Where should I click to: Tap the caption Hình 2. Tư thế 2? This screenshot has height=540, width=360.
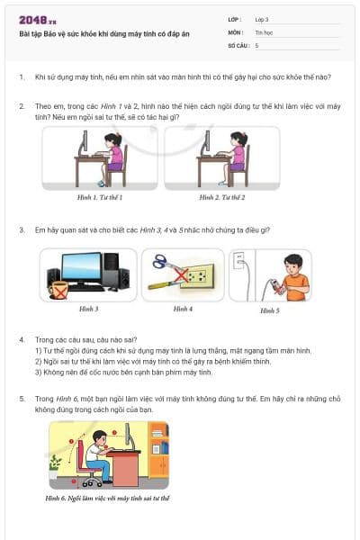(x=223, y=196)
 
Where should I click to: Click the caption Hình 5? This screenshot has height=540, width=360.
(x=270, y=310)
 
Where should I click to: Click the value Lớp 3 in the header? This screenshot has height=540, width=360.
(x=263, y=18)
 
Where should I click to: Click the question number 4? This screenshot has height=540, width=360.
(x=22, y=340)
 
